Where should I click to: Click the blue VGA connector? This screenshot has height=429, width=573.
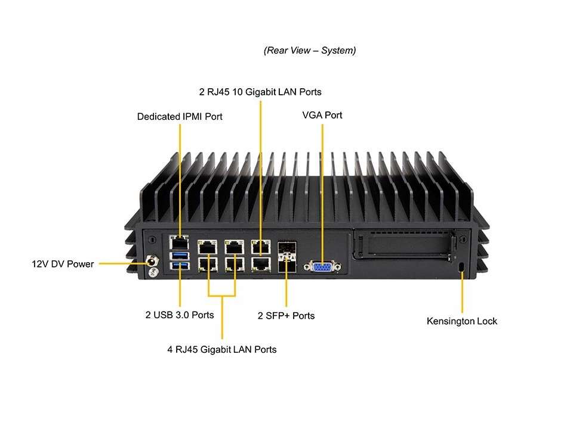pos(322,268)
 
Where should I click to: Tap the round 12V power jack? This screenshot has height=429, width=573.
pos(153,261)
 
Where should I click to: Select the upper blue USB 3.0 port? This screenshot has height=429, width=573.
pos(179,256)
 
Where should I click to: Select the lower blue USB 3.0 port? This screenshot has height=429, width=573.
pos(179,266)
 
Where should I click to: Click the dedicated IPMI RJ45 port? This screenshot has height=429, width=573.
pos(178,243)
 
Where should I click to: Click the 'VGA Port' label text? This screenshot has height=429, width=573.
pos(322,115)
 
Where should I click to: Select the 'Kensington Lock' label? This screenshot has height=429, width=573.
pos(461,321)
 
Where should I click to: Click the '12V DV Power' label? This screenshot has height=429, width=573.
pos(63,263)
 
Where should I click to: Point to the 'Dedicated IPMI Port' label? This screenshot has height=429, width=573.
pos(180,117)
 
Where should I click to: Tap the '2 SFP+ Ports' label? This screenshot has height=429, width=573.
pos(286,315)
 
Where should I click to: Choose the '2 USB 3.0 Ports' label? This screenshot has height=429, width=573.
pos(180,315)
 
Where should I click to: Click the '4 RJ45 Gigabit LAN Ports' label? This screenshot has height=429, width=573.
pos(222,349)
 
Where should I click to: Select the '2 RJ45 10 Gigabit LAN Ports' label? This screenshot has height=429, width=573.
pos(260,92)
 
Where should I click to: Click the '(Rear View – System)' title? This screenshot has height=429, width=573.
pos(310,51)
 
